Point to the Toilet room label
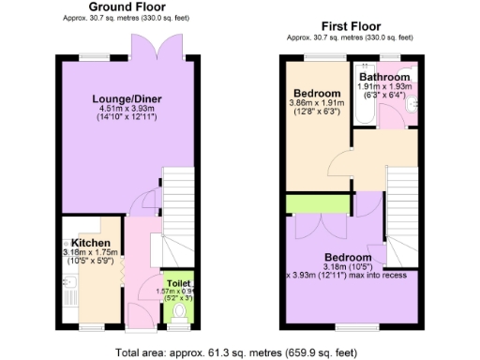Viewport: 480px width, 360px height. point(178,281)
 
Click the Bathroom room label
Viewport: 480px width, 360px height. point(384,77)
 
